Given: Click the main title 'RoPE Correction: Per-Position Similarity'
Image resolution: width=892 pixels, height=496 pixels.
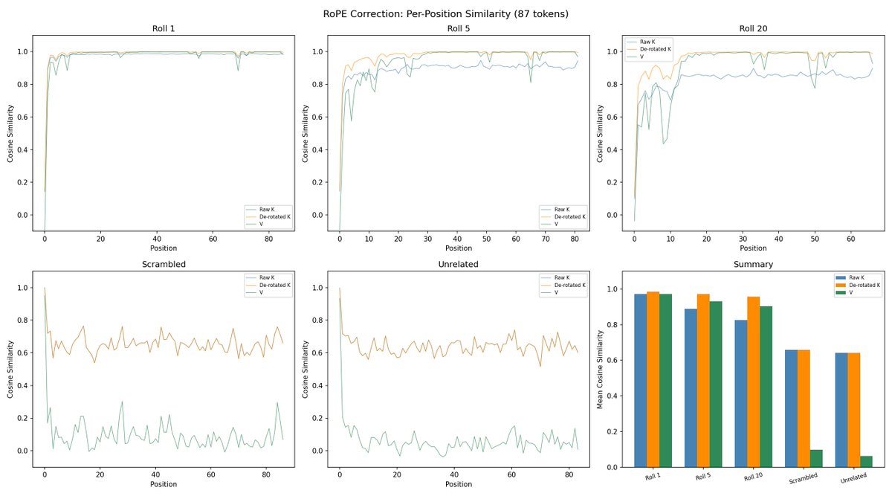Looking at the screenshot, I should tap(446, 13).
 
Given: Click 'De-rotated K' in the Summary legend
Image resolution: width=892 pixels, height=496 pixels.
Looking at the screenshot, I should tap(864, 285).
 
